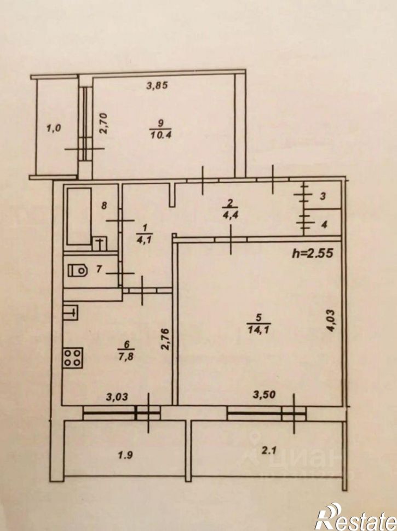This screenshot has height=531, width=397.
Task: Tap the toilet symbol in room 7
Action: coord(77,271)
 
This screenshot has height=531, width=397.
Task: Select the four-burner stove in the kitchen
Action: coord(72,357)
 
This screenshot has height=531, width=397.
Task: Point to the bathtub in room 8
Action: coord(79,216)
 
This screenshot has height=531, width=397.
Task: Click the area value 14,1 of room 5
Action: coord(258,329)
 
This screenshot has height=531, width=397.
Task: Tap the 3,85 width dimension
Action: coord(157,86)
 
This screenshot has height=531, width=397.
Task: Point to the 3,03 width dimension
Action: coord(117,396)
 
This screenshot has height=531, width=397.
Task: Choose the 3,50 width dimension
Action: coord(265,394)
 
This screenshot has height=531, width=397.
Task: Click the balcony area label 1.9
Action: coord(125,456)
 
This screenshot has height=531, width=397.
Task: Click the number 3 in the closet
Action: coord(323,196)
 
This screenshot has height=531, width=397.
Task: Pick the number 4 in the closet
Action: coord(324,224)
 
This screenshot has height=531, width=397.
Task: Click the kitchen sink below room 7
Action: coord(71,313)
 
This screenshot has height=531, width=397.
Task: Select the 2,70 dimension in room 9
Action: coord(103,123)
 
